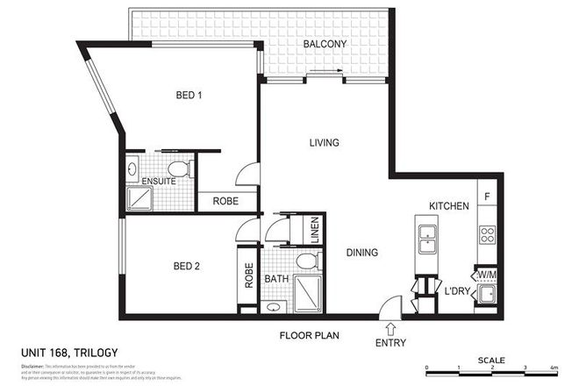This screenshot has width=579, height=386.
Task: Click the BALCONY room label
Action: [325, 44]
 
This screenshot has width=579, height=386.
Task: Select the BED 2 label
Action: [189, 266]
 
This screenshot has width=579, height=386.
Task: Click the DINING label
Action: [361, 253]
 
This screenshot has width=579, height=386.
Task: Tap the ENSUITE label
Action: [159, 182]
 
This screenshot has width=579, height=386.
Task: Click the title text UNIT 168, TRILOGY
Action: [68, 354]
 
